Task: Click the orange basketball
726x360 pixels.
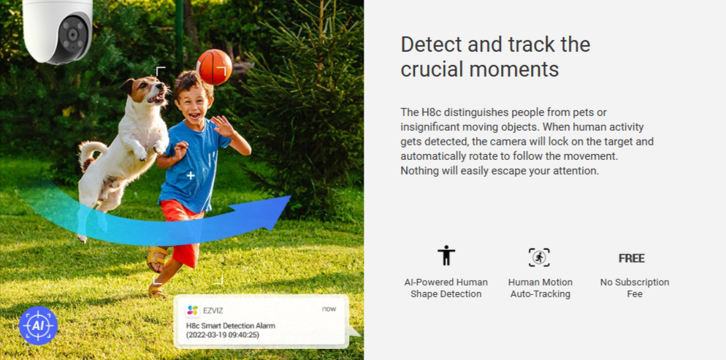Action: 214,67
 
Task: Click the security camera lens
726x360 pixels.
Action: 72,35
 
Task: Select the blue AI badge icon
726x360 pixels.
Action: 38,326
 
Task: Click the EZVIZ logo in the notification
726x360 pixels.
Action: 192,310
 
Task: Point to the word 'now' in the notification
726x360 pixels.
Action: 329,309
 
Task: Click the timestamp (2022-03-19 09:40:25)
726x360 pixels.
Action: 222,334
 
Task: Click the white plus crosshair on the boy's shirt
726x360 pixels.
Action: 191,176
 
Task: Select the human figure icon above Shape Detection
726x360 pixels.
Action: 446,256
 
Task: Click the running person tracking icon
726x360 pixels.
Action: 540,257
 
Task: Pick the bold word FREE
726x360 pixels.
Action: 632,258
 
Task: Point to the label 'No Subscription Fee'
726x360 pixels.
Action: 634,288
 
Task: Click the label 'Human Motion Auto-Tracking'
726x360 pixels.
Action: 540,288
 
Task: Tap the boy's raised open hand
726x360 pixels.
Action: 222,126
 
